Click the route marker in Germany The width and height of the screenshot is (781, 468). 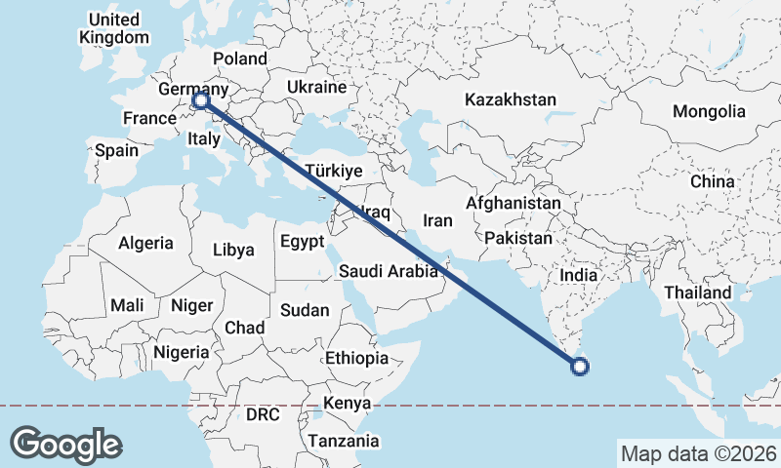point(200,99)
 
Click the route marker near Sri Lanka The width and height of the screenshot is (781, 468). point(579,367)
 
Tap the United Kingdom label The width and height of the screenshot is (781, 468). point(114,28)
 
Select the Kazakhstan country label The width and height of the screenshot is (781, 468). point(511,99)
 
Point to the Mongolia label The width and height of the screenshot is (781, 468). point(708,111)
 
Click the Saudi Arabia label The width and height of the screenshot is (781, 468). point(389,272)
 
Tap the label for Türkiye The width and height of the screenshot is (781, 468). point(334,170)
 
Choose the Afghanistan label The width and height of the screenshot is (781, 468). point(514,204)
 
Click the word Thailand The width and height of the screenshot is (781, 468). point(698,292)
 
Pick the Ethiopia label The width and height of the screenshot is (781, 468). point(357,358)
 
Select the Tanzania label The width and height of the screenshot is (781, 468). point(343,441)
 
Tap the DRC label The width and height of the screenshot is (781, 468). point(263,414)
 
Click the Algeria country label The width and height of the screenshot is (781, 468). point(145,243)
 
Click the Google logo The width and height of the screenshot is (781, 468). point(65,445)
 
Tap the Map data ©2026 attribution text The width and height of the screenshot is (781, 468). point(698,453)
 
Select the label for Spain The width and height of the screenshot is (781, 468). point(116,151)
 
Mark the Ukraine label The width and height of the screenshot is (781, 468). point(316,88)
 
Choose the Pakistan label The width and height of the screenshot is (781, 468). point(517,238)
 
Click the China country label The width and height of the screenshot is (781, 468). point(712,181)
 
